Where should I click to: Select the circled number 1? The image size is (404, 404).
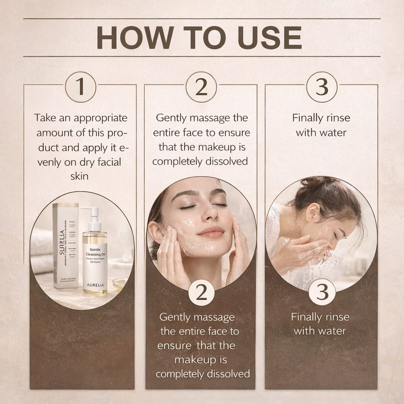pyautogui.click(x=80, y=87)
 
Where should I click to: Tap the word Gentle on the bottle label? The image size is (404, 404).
pyautogui.click(x=95, y=250)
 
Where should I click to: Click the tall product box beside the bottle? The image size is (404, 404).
pyautogui.click(x=66, y=245)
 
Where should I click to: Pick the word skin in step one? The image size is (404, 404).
pyautogui.click(x=80, y=176)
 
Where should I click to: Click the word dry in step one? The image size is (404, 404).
pyautogui.click(x=87, y=161)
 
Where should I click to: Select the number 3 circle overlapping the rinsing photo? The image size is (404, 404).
pyautogui.click(x=322, y=292)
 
